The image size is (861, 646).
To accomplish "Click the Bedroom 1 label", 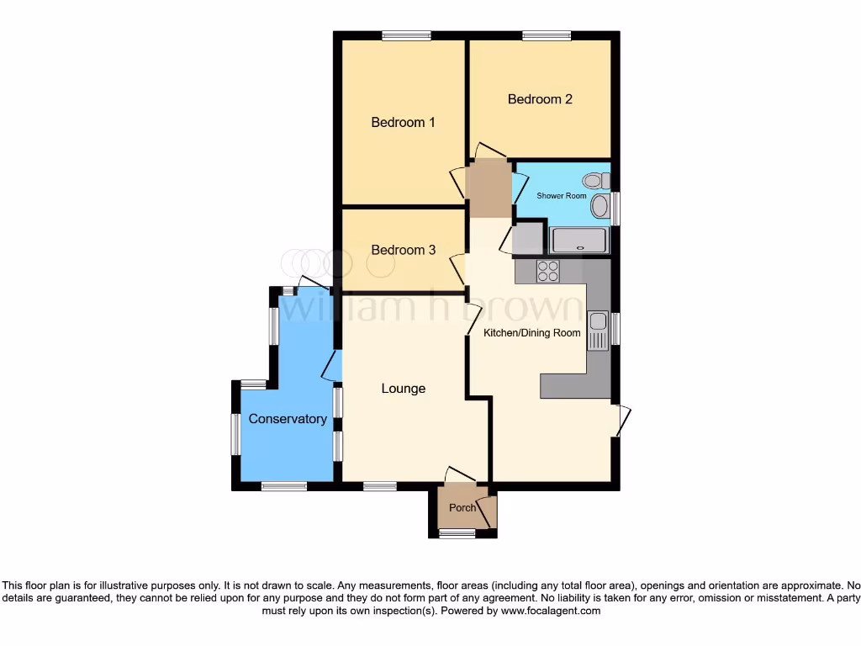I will coord(404,123).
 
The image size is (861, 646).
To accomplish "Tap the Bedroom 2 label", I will coord(540,99).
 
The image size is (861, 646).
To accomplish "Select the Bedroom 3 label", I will coord(404,250).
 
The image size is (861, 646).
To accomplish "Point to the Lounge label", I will coord(404,389).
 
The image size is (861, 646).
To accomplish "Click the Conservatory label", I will coord(288,419).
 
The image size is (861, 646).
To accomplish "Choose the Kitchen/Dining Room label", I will coord(532,333).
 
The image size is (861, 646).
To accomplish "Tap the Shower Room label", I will coord(562,196).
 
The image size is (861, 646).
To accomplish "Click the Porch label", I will coord(462,508).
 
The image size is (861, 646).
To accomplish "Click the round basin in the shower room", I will coord(600,206).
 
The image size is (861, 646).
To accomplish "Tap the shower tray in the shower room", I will coord(578,241).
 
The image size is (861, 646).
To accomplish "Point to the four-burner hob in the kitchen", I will coord(548,271).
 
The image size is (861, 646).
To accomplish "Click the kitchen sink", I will coord(598,330).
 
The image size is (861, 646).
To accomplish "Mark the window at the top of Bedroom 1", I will coord(406,35).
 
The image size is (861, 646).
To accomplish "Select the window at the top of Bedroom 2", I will coord(546,35).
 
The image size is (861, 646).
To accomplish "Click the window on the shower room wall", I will coord(615,209).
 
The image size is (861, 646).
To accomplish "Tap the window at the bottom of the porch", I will coord(457,533).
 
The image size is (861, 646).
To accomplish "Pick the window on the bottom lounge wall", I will coord(379,486).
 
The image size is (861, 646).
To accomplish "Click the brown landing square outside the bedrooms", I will coord(489,190).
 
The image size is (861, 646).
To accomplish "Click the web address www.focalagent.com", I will coord(551,612).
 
